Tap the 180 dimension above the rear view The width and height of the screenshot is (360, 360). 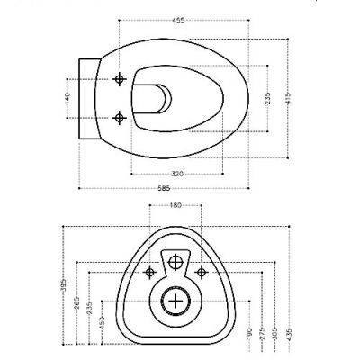coord(175,206)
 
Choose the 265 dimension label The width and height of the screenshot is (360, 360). coord(77,304)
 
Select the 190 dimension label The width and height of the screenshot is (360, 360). coord(248,334)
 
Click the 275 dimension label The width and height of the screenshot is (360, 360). coord(262,334)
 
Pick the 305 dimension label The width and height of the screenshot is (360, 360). coord(274,334)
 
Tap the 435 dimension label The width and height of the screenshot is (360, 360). coord(287,334)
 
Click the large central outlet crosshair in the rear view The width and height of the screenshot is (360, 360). coord(176,301)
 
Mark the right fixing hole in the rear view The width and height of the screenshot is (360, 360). coord(202,271)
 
